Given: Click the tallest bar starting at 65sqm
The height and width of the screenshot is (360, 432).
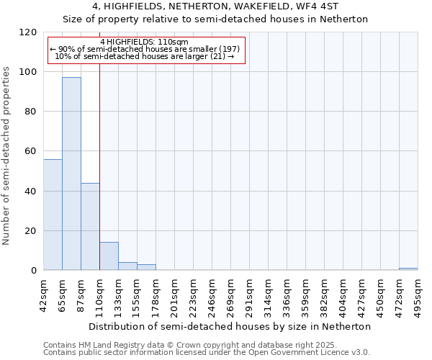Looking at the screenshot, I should click(x=71, y=174).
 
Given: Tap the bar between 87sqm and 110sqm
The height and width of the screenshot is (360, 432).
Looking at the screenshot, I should click(x=90, y=227).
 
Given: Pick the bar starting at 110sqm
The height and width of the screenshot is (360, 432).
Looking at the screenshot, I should click(x=109, y=256).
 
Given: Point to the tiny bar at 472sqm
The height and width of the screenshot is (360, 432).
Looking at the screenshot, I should click(x=408, y=269).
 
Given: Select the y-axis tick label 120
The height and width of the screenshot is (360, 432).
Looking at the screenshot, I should click(x=28, y=32).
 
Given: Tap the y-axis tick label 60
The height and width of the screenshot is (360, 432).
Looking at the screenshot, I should click(x=31, y=151).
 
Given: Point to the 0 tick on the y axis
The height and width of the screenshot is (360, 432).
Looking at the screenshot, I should click(x=34, y=271).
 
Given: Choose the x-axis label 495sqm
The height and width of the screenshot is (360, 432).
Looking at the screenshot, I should click(x=418, y=294).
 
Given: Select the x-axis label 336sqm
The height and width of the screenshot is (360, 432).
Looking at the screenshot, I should click(x=287, y=294).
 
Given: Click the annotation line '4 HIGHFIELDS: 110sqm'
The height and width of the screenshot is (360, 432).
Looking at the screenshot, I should click(x=144, y=42).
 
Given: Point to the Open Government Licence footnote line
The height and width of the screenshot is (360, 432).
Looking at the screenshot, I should click(x=206, y=353).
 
